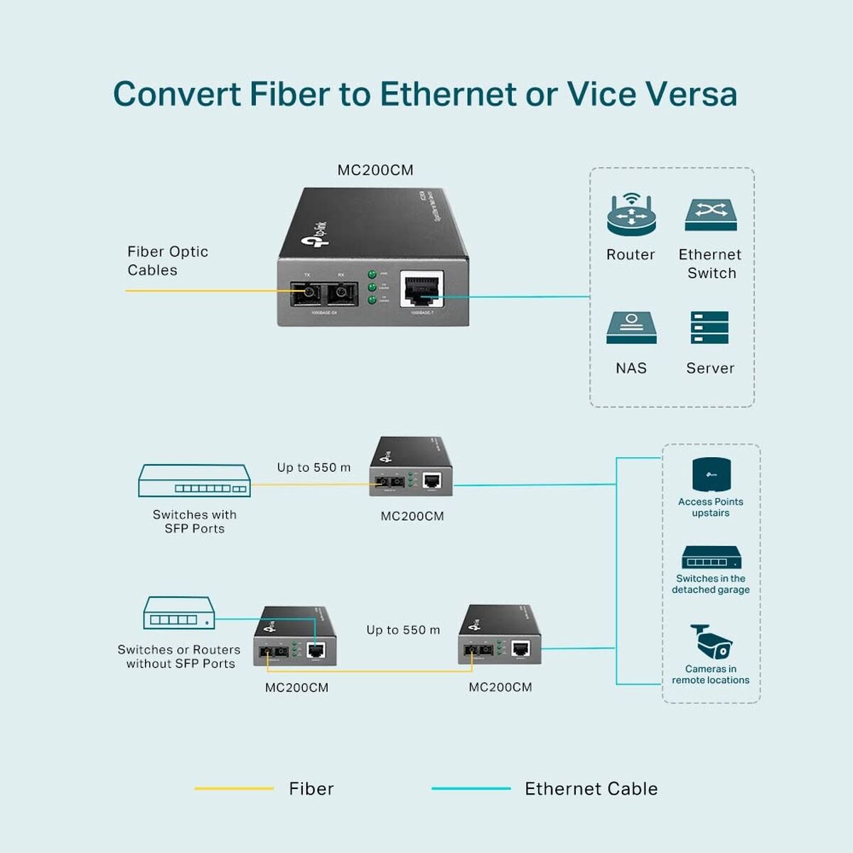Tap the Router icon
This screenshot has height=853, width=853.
[x=631, y=214]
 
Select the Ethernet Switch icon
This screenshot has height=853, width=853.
[x=710, y=215]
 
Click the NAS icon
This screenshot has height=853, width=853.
[x=631, y=328]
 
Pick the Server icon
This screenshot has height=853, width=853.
[x=709, y=328]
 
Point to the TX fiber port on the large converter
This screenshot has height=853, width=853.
[x=307, y=292]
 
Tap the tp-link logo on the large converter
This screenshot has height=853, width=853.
[x=316, y=235]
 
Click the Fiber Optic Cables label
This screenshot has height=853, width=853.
[x=168, y=261]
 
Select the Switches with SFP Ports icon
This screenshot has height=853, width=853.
[x=194, y=481]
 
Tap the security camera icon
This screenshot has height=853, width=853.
[x=711, y=641]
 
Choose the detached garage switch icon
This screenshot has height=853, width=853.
[x=711, y=557]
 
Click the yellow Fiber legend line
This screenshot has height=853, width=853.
[x=234, y=788]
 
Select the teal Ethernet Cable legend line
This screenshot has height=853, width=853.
[x=471, y=788]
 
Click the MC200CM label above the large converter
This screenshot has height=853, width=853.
[x=375, y=170]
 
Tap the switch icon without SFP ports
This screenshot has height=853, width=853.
[x=178, y=613]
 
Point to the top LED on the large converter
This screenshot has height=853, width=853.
[x=372, y=274]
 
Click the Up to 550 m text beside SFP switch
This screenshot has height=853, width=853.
[x=313, y=468]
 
